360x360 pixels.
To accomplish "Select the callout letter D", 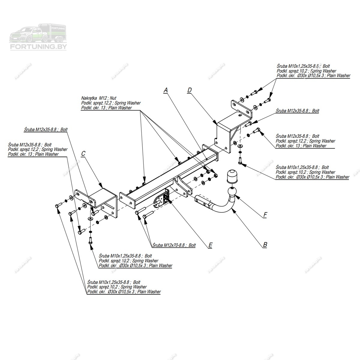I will [x=189, y=90].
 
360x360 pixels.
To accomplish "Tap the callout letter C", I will [x=83, y=154].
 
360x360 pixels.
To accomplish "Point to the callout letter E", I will [x=210, y=245].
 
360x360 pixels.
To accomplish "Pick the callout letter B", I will [x=265, y=245].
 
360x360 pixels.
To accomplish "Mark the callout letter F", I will [x=265, y=215].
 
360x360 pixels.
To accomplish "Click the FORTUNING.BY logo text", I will [x=38, y=47].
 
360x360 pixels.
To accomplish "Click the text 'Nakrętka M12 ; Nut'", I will [x=99, y=98].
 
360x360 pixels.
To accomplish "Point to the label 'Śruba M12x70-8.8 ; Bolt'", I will [x=174, y=245].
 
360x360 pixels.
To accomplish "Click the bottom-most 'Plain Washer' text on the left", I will [x=149, y=292].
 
